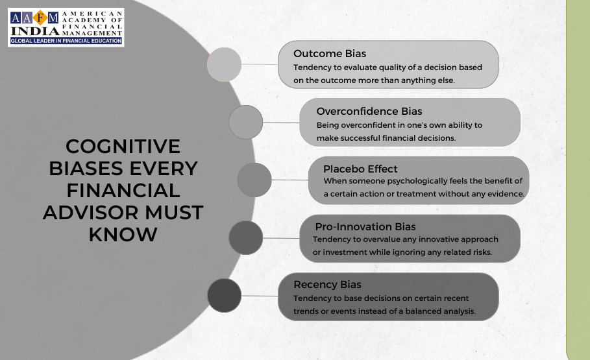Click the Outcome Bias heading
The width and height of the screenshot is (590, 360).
click(x=330, y=53)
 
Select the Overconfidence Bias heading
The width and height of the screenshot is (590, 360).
click(x=369, y=112)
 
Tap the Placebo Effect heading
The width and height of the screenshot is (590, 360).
click(x=360, y=169)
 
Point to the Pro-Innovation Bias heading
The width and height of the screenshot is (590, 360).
click(x=365, y=226)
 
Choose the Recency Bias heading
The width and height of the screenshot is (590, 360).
click(x=327, y=284)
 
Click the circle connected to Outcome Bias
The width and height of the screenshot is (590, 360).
click(x=225, y=64)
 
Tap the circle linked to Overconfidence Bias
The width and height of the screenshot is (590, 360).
click(x=246, y=122)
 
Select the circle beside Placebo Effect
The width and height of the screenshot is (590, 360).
click(x=254, y=180)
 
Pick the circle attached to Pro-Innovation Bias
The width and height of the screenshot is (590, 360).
click(x=246, y=238)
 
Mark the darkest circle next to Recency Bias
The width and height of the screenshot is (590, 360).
click(x=225, y=296)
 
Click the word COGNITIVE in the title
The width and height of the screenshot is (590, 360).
click(x=123, y=147)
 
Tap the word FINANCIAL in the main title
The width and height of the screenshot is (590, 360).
click(x=123, y=190)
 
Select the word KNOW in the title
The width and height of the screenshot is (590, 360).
click(x=123, y=235)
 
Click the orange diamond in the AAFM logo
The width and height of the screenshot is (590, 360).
click(x=40, y=18)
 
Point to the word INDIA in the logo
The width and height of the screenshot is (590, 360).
click(x=35, y=31)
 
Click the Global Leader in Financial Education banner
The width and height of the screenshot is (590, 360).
click(x=66, y=41)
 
